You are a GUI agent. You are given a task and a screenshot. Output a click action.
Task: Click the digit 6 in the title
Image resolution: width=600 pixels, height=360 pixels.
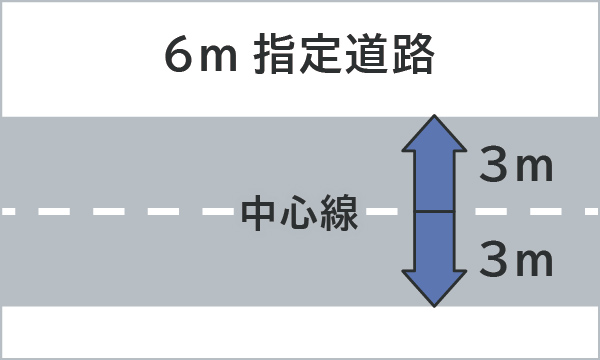180,56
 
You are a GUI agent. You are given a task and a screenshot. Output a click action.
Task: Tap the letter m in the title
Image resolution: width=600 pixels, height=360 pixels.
216,60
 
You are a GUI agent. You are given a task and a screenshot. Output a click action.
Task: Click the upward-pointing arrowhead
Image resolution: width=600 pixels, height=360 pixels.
434,135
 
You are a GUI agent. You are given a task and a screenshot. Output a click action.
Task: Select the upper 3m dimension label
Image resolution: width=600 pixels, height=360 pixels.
516,166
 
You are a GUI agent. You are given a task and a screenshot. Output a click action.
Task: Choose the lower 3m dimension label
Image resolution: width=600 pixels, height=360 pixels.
516,261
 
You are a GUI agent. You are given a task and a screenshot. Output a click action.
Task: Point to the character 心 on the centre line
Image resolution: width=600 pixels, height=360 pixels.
301,213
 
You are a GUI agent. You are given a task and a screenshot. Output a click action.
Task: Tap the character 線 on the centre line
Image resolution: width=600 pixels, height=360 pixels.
341,213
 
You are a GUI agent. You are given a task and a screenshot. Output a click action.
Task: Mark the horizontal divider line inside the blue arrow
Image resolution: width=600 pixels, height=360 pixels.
434,212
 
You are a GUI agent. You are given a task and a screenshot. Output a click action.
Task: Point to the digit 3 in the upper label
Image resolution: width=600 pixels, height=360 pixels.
493,166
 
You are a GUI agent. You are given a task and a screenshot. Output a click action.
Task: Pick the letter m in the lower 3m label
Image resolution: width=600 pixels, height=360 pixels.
536,264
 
